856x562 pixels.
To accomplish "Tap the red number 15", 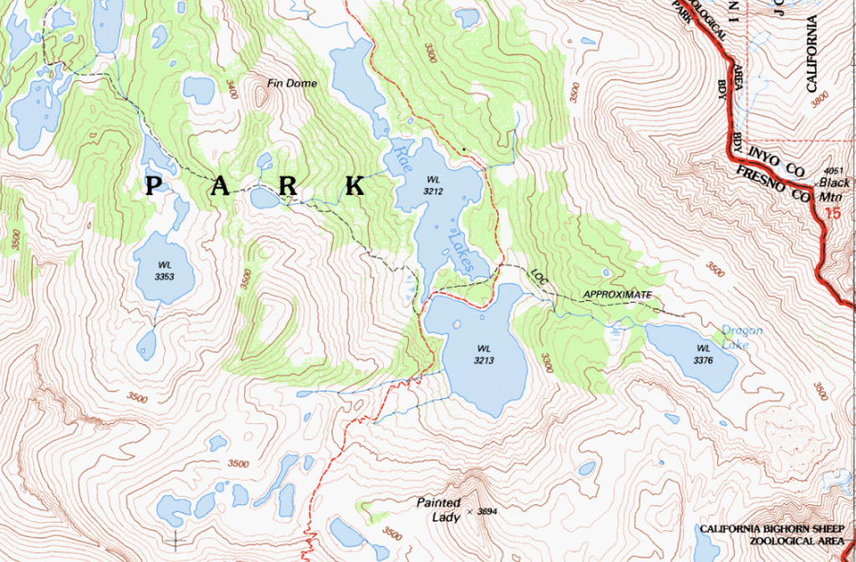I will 832,214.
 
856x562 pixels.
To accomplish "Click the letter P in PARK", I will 154,185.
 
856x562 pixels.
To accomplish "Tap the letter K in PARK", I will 354,185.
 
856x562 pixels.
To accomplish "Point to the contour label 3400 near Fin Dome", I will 231,89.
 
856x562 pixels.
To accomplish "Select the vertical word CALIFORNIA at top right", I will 809,46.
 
